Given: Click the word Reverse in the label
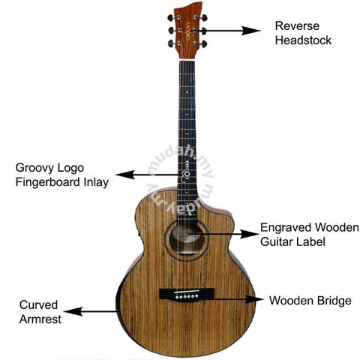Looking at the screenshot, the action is (297, 26).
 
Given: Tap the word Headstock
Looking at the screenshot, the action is (303, 40).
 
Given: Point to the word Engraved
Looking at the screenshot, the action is (286, 228).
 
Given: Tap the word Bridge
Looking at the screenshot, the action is (334, 301).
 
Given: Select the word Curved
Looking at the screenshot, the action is (38, 304).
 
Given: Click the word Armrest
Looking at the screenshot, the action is (40, 319).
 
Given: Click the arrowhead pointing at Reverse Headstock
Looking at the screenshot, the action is (251, 31).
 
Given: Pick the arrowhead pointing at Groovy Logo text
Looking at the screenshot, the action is (125, 175).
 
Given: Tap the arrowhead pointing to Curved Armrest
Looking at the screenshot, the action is (73, 311).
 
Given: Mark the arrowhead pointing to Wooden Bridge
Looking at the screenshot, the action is (254, 299).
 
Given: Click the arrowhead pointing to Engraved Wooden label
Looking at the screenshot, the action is (249, 234).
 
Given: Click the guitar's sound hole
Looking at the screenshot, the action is (187, 240).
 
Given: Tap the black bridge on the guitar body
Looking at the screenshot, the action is (187, 294).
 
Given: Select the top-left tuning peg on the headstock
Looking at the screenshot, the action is (170, 18).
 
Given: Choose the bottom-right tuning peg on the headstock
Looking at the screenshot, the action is (204, 44).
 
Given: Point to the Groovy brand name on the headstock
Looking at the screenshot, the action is (188, 30).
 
